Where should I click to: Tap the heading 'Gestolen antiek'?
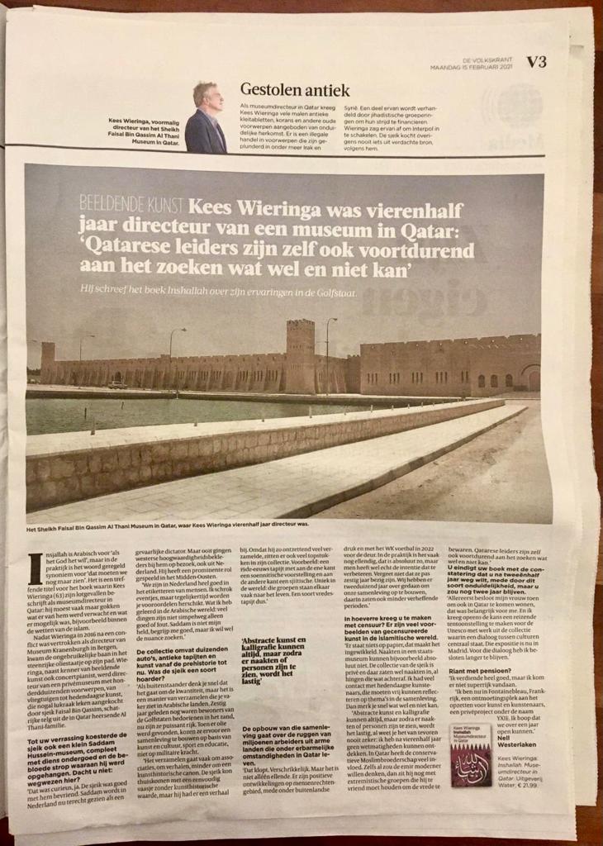point(295,90)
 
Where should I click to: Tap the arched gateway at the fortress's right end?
point(529,378)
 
